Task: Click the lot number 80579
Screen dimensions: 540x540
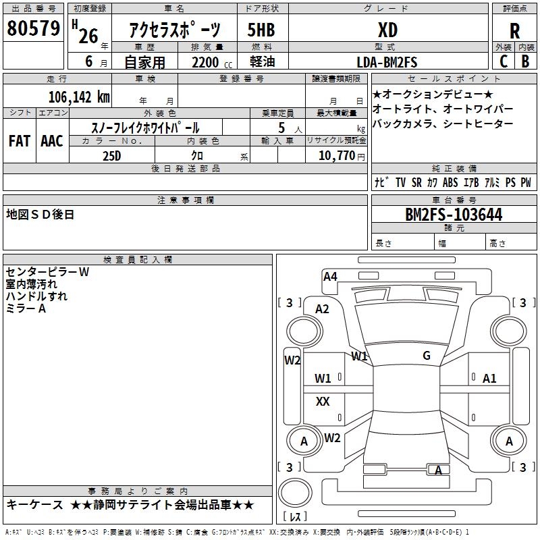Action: (34, 29)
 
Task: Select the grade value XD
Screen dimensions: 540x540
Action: (387, 30)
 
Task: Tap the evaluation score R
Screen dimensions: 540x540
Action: (515, 30)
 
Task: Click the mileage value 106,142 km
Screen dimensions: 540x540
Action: (80, 97)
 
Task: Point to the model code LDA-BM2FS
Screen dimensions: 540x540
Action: (387, 62)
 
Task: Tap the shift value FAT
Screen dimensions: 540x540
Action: (20, 141)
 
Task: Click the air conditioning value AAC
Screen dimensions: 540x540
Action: (52, 141)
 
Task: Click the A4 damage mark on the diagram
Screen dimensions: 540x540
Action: (330, 276)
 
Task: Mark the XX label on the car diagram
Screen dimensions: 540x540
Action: (323, 402)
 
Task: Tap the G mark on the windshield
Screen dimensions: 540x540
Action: (427, 356)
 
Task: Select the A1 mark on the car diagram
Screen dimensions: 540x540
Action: (489, 379)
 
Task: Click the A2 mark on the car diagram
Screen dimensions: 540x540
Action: (323, 308)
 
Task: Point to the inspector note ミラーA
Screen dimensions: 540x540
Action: (26, 308)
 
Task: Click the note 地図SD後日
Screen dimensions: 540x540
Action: (40, 215)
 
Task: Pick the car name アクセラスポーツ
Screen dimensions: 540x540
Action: (174, 30)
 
